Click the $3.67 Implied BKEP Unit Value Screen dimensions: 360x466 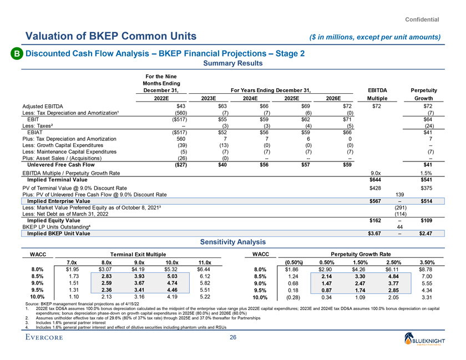(377, 234)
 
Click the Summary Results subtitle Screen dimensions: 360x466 (233, 63)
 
